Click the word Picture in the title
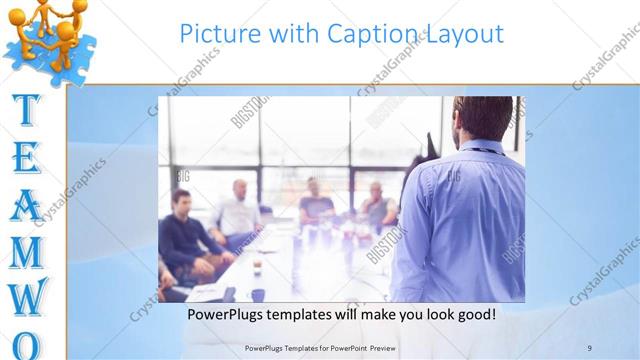point(215,34)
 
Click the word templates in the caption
point(311,315)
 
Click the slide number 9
point(590,347)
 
